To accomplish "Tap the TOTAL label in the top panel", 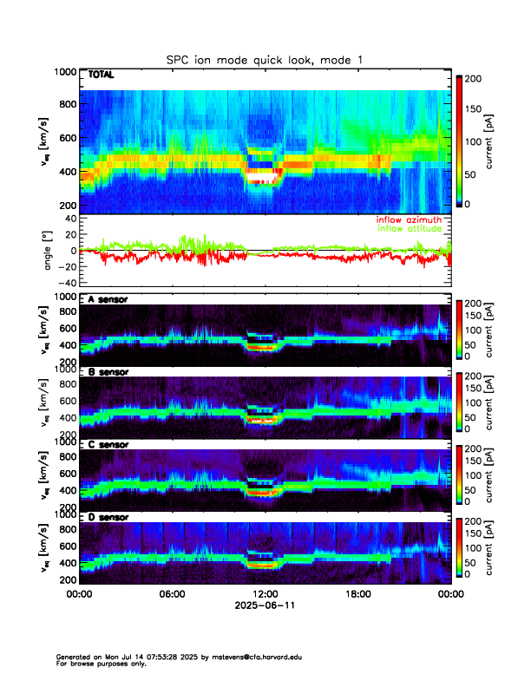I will tap(101, 75).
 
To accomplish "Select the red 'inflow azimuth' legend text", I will tap(409, 219).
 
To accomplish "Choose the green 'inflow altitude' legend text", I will tap(409, 228).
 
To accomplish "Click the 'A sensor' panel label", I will tap(108, 299).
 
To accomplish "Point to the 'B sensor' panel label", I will tap(108, 372).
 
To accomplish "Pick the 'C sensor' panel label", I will tap(108, 445).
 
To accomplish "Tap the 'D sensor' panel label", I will tap(108, 518).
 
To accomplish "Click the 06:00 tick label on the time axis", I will tap(172, 595).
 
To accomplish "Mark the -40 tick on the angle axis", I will tap(63, 283).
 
